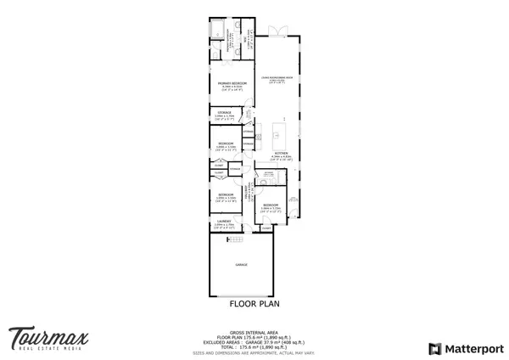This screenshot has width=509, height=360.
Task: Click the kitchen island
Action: (x=280, y=134)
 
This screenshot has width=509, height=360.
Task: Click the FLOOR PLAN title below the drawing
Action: (x=254, y=301)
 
